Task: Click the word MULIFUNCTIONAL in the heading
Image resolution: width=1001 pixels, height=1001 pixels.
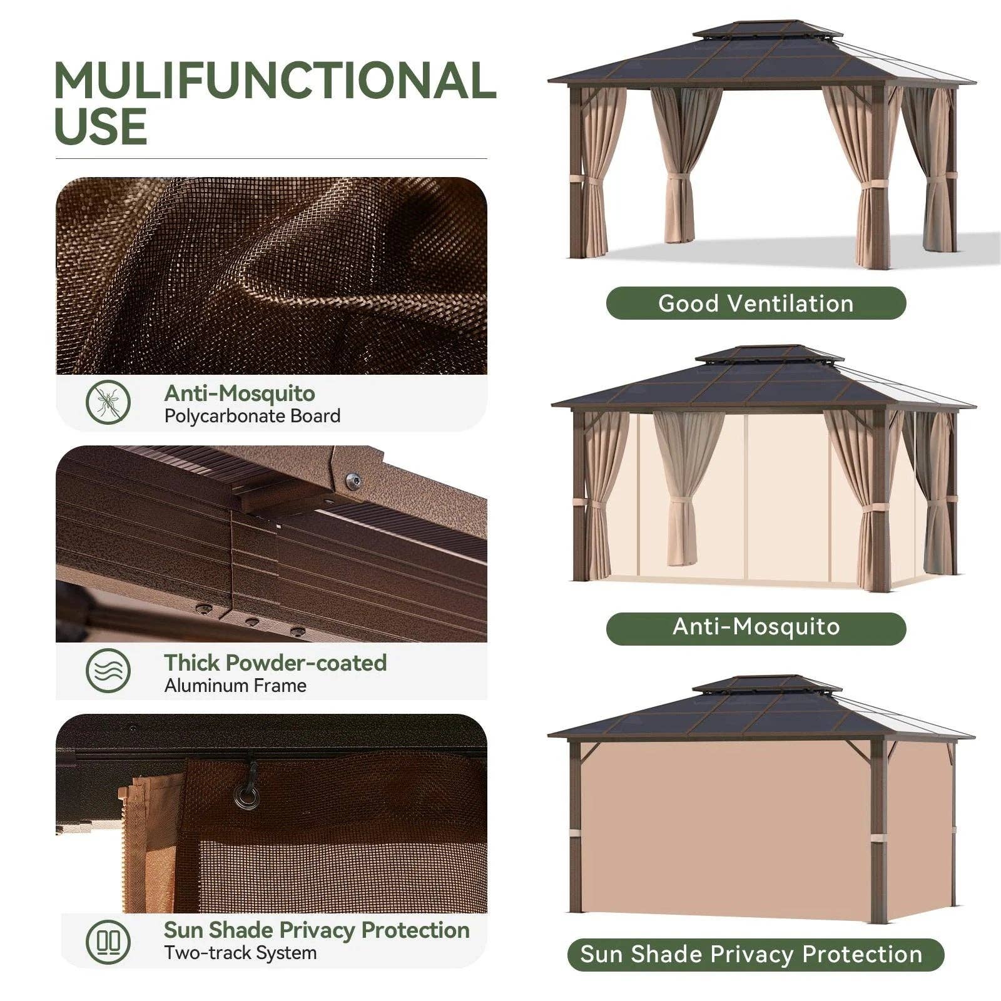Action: [x=275, y=81]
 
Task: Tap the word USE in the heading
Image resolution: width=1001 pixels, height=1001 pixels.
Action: [x=101, y=127]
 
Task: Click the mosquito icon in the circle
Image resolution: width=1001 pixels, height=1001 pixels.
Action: [x=108, y=402]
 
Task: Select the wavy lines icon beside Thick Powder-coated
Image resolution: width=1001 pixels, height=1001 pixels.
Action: [x=108, y=671]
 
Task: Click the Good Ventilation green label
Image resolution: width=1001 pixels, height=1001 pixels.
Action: [x=756, y=303]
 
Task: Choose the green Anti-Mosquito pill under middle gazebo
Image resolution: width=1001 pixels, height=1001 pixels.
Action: [x=756, y=627]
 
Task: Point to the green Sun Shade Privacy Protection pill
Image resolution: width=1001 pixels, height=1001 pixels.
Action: [x=756, y=955]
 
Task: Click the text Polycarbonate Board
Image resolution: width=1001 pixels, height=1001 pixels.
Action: [x=252, y=416]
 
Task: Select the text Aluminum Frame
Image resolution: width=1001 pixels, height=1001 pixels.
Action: [x=235, y=686]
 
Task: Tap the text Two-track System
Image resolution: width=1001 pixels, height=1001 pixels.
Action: [x=240, y=953]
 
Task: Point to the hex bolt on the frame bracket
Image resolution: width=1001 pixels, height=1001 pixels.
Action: [x=353, y=480]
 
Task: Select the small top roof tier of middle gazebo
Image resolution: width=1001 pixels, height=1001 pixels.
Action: [x=768, y=354]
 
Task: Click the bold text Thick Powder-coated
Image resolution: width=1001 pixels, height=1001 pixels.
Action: [x=275, y=663]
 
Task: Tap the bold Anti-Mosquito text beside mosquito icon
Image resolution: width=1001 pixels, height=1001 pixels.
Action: [x=240, y=394]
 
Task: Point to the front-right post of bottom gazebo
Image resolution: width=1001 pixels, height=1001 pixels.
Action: [x=878, y=832]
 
